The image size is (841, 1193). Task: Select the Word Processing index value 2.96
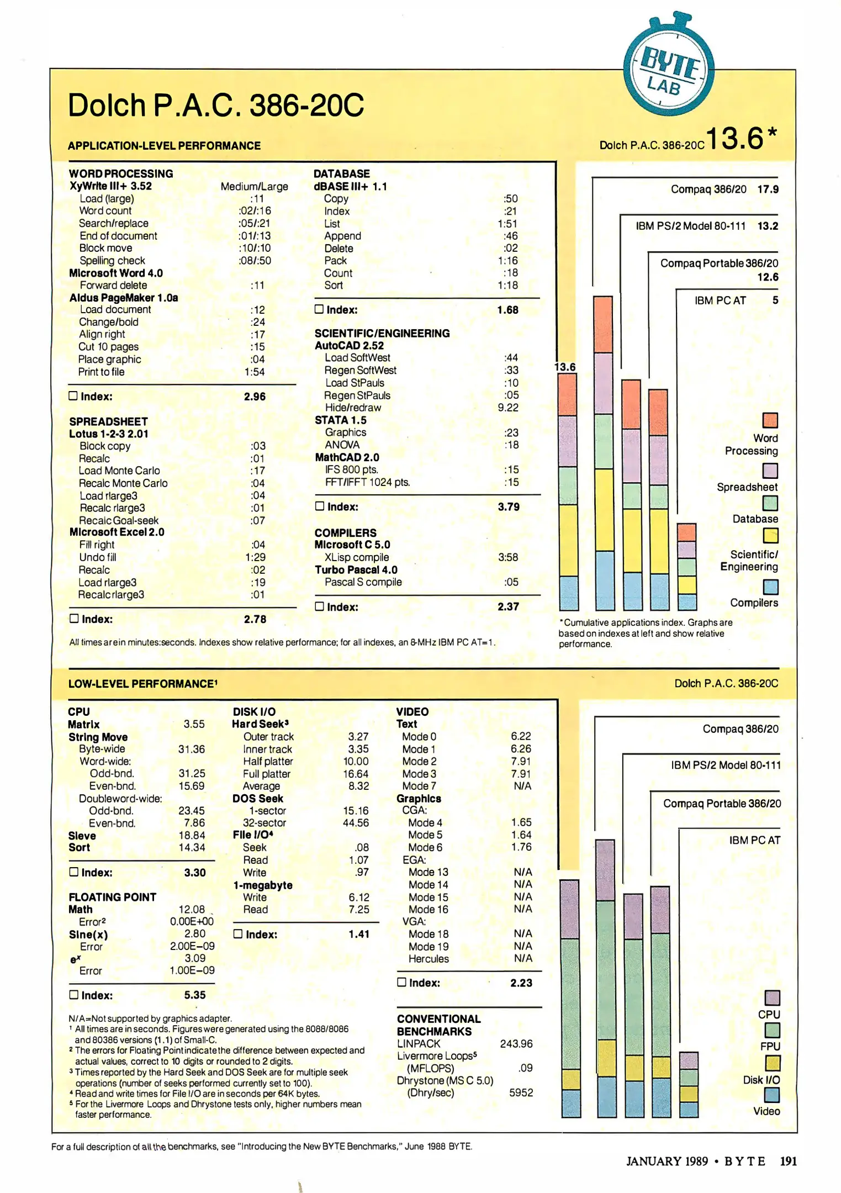click(255, 397)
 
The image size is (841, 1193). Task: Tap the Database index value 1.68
click(507, 310)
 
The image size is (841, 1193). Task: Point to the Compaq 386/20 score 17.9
click(768, 189)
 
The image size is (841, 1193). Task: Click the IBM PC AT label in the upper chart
click(720, 300)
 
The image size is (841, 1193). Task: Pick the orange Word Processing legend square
click(770, 420)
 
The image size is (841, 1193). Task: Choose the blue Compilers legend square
click(770, 587)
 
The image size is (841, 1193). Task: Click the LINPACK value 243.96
click(516, 1043)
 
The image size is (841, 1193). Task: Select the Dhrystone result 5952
click(521, 1092)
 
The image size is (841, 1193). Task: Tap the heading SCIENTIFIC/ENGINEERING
click(382, 333)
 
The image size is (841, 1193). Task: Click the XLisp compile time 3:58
click(507, 557)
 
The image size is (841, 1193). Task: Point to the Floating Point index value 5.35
click(195, 995)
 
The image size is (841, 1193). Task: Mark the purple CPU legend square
click(772, 997)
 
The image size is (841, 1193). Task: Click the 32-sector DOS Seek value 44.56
click(356, 823)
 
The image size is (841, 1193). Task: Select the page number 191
click(788, 1161)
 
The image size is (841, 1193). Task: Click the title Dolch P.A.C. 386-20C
click(215, 105)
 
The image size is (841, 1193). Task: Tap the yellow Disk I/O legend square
click(772, 1063)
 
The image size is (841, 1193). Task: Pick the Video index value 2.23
click(521, 983)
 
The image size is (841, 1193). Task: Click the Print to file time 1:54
click(255, 372)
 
